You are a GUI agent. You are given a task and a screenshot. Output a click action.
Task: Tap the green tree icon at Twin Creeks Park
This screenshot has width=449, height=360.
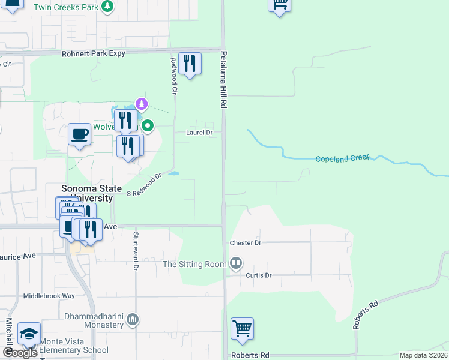pos(107,7)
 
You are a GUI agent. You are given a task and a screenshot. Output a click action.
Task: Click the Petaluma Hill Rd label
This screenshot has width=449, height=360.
pos(223,88)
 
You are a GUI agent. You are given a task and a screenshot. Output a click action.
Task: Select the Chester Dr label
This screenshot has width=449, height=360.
pos(246,243)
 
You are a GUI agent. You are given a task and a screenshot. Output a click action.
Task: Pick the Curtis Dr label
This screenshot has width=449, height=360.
pos(259,275)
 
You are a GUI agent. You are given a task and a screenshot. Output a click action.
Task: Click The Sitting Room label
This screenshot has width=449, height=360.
pos(194,264)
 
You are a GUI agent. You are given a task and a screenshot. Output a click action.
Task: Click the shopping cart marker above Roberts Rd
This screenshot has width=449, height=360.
pos(242,328)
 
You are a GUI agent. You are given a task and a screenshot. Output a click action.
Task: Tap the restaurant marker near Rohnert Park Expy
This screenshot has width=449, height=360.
pos(190,63)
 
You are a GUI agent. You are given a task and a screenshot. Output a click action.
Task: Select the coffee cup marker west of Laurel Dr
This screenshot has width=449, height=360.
pos(79,134)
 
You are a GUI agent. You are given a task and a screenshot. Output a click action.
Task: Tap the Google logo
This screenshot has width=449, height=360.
pos(20,353)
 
